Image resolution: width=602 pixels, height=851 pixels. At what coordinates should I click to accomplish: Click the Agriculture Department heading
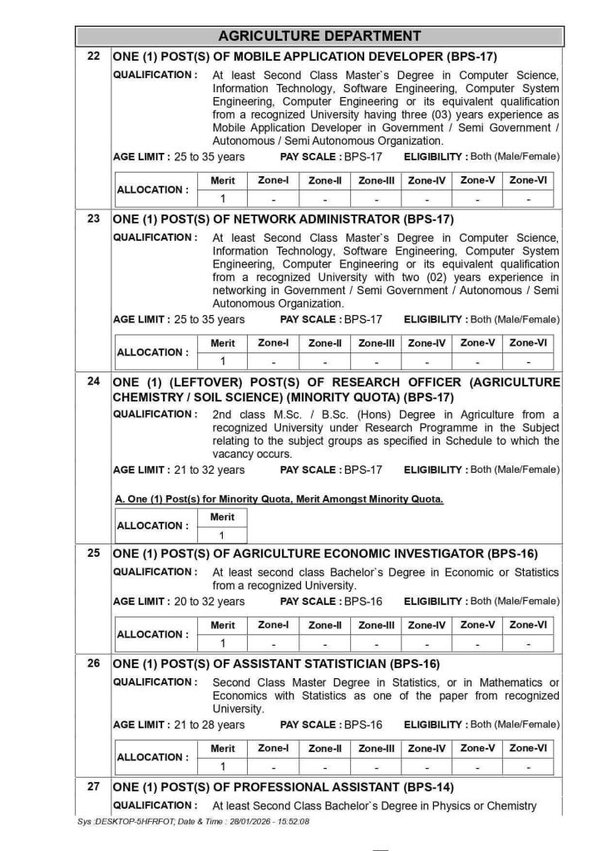[x=319, y=36]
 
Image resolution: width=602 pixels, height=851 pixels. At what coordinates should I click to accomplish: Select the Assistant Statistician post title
[x=276, y=664]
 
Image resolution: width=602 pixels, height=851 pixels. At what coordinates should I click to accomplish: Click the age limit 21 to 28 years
[x=179, y=725]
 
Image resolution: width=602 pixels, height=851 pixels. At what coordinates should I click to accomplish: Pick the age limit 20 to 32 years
[x=179, y=602]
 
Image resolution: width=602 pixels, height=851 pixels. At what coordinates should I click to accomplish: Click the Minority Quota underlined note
[x=279, y=499]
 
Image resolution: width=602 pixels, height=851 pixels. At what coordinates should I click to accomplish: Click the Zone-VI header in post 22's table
[x=528, y=180]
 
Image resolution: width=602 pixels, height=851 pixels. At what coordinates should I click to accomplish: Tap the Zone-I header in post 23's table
[x=274, y=343]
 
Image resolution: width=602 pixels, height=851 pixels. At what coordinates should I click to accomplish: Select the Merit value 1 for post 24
[x=222, y=535]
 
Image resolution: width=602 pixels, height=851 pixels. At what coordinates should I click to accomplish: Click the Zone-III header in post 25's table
[x=377, y=625]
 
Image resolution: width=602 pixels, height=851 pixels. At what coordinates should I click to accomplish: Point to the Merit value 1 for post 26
[x=222, y=766]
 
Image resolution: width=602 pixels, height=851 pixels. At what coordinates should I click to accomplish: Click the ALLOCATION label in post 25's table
[x=151, y=634]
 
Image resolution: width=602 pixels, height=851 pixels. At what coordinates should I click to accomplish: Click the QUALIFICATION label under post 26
[x=155, y=682]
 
